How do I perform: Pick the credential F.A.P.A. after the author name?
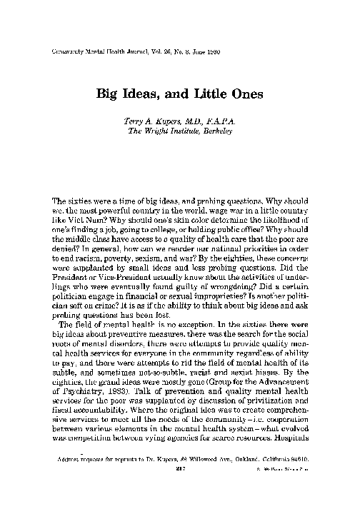coord(218,121)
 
